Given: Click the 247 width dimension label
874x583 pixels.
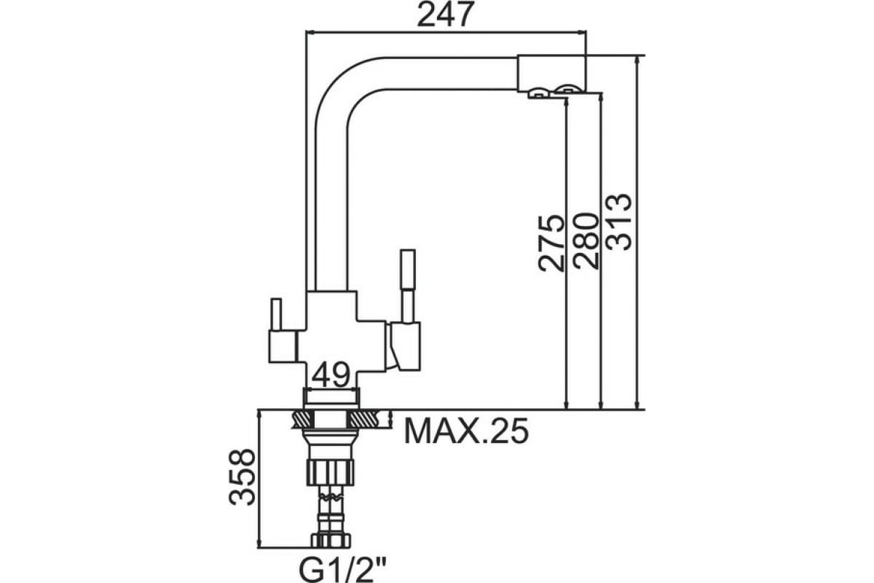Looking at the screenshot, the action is pos(446,15).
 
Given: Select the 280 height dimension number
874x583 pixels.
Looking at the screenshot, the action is pos(586,241).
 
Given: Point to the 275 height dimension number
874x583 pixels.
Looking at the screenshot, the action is pos(551,243).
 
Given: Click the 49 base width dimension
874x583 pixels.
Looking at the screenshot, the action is pos(331,375).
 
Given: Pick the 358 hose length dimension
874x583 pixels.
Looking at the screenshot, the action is pos(242,477).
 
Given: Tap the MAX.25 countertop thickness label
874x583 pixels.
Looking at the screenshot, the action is pos(466,431).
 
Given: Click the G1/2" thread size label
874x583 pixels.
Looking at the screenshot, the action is pos(342,570).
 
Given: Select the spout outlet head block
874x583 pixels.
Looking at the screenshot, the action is pos(552,74).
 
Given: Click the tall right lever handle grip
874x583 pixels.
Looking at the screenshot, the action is pos(408,269).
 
